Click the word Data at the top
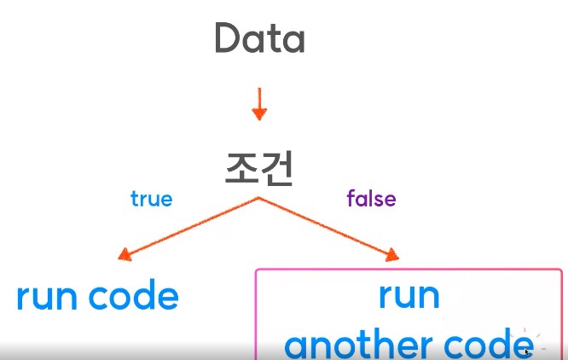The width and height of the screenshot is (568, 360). (259, 39)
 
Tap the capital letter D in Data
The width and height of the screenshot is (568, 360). (227, 39)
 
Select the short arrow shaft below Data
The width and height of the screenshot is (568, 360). (260, 98)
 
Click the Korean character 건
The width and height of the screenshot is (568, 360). (276, 168)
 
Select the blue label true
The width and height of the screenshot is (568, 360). (151, 200)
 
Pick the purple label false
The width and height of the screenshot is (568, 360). (371, 200)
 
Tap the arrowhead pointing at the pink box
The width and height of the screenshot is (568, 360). (392, 255)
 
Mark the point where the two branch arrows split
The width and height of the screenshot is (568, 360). (258, 199)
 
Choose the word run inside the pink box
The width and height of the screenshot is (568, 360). (409, 295)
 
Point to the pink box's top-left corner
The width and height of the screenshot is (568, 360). (258, 272)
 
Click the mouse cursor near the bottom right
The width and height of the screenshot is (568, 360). (527, 351)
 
